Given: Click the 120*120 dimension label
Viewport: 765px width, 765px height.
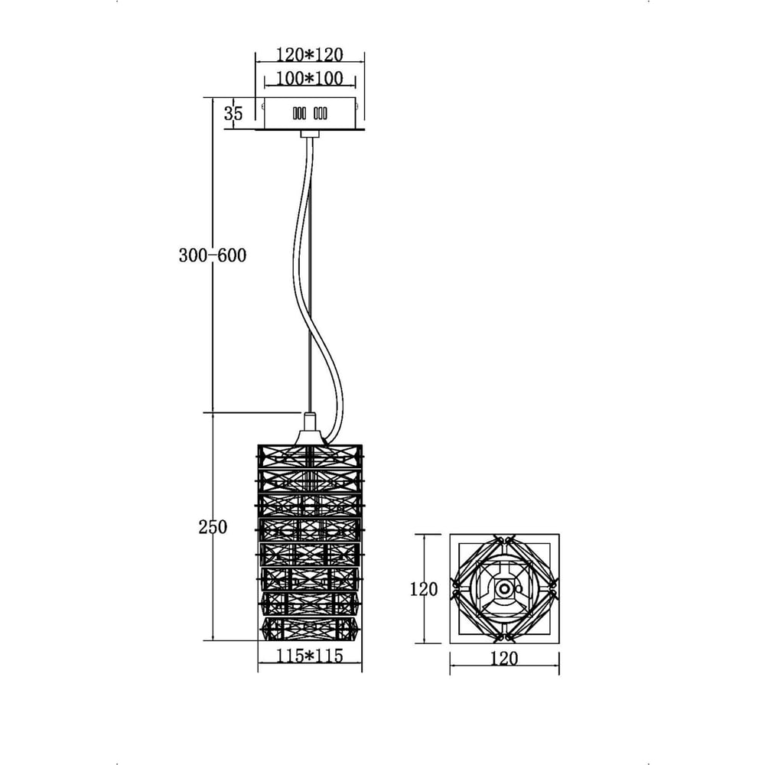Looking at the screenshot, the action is [310, 54].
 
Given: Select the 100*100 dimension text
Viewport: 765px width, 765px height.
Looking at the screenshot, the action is [310, 78].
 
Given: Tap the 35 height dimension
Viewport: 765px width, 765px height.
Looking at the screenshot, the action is [233, 113].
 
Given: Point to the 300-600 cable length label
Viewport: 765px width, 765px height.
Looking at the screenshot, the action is [213, 256].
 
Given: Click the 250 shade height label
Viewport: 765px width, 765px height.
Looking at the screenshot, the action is [213, 527].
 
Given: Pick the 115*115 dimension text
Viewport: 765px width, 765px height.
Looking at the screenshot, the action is [310, 656].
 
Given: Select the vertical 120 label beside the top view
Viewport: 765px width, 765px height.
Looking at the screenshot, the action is [424, 589].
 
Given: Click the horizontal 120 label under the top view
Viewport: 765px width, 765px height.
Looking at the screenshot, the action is [503, 659].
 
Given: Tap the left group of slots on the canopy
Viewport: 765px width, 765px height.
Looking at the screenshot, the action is [300, 114].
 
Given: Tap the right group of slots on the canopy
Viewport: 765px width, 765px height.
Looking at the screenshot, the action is [321, 114].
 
